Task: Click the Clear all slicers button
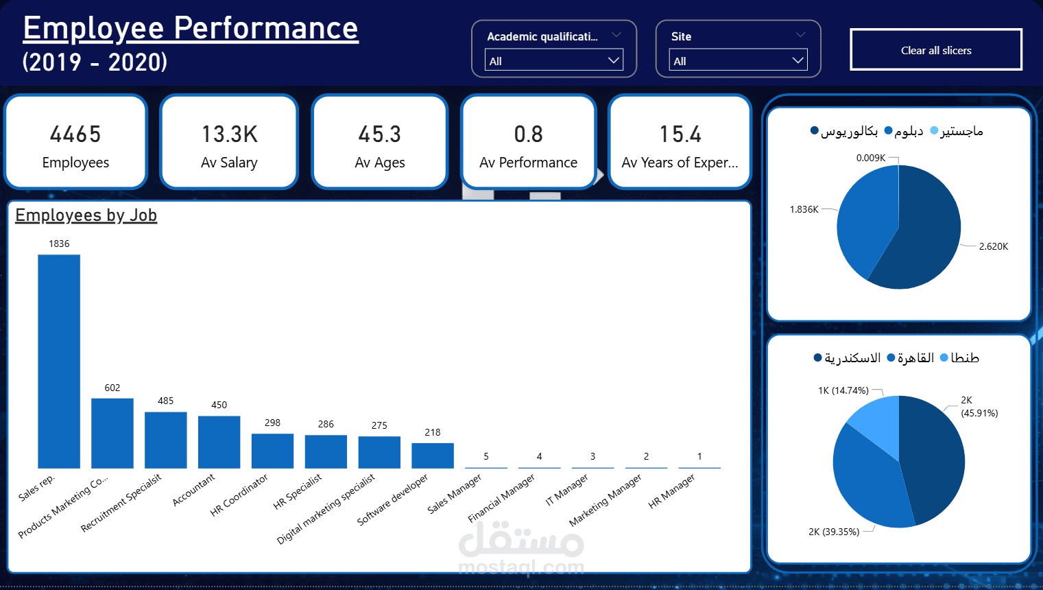click(x=936, y=50)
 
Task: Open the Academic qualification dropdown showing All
click(x=554, y=60)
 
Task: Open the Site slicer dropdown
click(x=738, y=60)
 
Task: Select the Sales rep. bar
click(x=59, y=361)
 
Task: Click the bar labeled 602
click(x=112, y=433)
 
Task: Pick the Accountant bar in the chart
click(x=219, y=442)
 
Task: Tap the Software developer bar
click(x=433, y=456)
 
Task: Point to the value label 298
click(x=272, y=423)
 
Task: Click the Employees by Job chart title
click(x=86, y=215)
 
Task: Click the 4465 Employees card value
click(x=75, y=134)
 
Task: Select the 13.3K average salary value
click(x=229, y=134)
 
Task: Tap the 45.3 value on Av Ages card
click(x=380, y=134)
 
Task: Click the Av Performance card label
click(x=528, y=163)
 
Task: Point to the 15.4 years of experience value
click(x=680, y=134)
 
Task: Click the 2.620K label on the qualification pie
click(x=993, y=246)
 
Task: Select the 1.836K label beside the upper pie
click(x=804, y=209)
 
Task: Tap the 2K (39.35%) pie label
click(x=834, y=532)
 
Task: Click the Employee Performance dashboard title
click(x=191, y=28)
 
